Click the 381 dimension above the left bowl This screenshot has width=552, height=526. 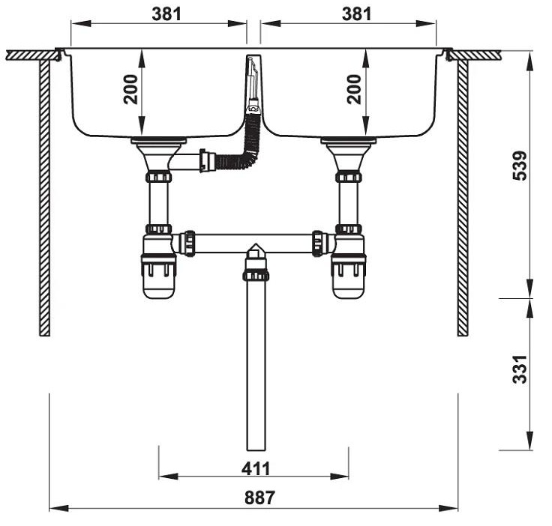pos(166,13)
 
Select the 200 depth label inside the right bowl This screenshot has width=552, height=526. pos(354,88)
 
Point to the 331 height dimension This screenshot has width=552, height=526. pos(519,369)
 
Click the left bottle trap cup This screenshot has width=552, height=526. pos(158,276)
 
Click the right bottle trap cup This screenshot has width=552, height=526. pos(349,276)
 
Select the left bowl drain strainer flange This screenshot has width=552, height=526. pos(158,141)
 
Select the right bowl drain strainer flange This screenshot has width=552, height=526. pos(348,141)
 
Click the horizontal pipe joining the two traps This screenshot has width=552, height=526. pos(255,243)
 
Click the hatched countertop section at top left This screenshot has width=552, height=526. pos(30,55)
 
